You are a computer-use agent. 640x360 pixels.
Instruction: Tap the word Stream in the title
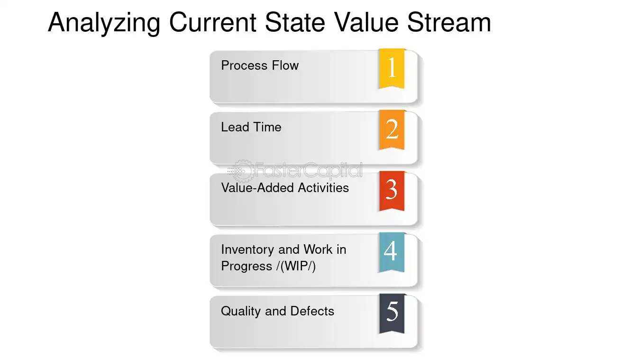[x=449, y=22]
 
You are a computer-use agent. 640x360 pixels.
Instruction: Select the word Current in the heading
[x=212, y=22]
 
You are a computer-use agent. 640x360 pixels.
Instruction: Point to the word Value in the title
[x=366, y=22]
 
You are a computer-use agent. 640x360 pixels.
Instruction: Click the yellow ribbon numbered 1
[x=392, y=69]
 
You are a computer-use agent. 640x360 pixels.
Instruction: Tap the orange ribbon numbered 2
[x=392, y=130]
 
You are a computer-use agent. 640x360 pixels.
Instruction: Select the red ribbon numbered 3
[x=392, y=191]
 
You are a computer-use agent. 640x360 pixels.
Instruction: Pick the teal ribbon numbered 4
[x=392, y=252]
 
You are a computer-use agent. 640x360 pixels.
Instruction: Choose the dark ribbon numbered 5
[x=392, y=314]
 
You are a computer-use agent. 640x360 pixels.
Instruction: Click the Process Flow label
[x=260, y=65]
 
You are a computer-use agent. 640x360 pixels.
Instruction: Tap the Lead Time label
[x=251, y=127]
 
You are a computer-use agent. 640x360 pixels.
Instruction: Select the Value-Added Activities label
[x=285, y=188]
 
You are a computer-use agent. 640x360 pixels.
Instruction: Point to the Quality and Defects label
[x=277, y=312]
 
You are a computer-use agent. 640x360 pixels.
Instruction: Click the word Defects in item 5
[x=312, y=311]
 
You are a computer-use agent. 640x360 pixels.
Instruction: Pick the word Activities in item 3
[x=323, y=188]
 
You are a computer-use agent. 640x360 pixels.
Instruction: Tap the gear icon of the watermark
[x=242, y=171]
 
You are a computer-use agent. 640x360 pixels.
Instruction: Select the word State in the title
[x=295, y=22]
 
